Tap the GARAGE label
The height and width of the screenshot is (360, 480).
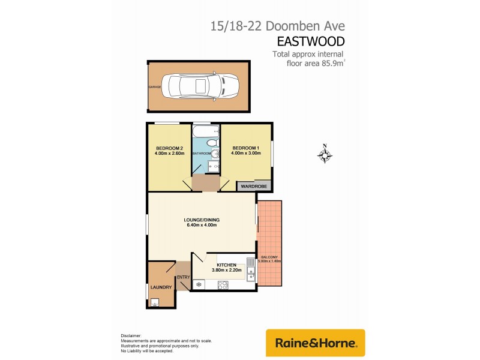click(x=155, y=87)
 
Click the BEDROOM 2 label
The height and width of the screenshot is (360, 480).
click(x=169, y=148)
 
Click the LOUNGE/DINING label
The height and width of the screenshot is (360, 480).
click(x=201, y=219)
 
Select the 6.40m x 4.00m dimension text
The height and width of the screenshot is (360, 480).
click(x=201, y=225)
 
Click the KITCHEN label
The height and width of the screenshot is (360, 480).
click(x=227, y=265)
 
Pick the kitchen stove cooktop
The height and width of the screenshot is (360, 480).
click(x=199, y=284)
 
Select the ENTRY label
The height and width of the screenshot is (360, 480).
click(x=182, y=277)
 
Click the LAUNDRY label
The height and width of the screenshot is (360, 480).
click(x=161, y=287)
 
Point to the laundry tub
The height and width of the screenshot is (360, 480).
click(x=154, y=302)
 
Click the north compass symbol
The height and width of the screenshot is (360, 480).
click(x=325, y=155)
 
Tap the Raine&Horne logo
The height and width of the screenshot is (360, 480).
click(x=316, y=343)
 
